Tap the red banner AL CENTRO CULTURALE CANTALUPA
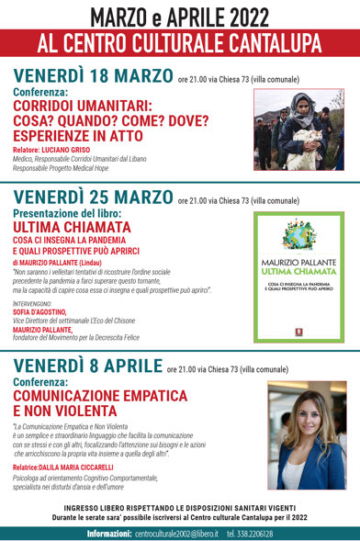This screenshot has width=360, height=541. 180,42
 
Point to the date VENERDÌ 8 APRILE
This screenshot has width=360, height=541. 86,367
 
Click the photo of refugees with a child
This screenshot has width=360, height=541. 298,130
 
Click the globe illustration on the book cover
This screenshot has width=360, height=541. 298,233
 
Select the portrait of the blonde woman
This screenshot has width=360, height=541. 306,435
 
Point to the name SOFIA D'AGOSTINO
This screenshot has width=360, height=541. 42,310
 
